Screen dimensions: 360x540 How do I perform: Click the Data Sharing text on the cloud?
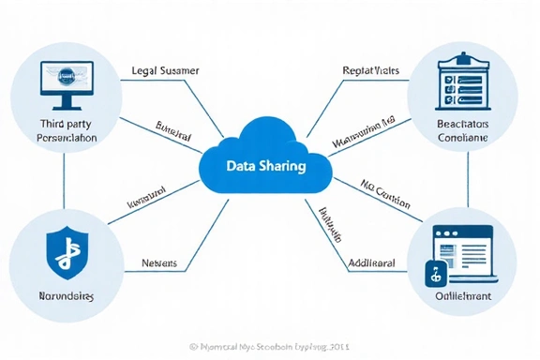tap(265, 166)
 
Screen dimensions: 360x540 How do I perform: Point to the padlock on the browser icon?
tap(435, 273)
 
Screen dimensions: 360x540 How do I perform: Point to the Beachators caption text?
tap(463, 123)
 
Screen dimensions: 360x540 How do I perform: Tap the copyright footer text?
tap(269, 346)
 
